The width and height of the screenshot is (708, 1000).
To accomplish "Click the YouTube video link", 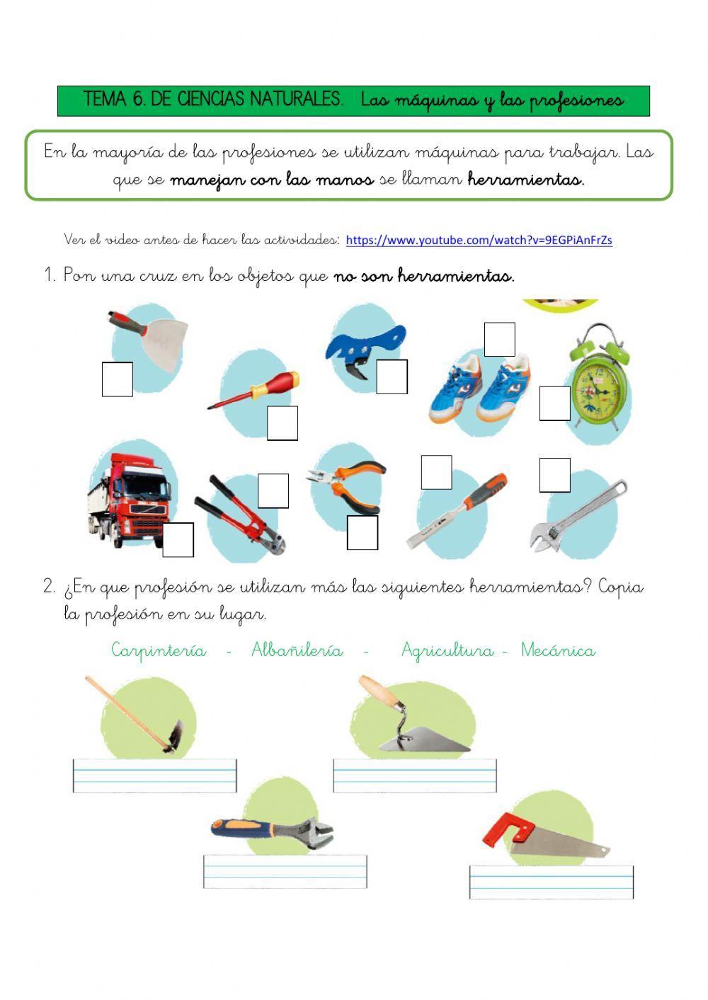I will pyautogui.click(x=479, y=241).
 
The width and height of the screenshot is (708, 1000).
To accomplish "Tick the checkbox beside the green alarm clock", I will pyautogui.click(x=554, y=403).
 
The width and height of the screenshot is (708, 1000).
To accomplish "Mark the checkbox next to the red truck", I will pyautogui.click(x=178, y=539).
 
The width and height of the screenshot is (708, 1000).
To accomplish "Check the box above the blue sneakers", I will pyautogui.click(x=499, y=340).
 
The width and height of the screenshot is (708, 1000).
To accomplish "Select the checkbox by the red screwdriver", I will pyautogui.click(x=282, y=423).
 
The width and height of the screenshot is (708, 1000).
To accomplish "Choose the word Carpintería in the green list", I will pyautogui.click(x=159, y=650).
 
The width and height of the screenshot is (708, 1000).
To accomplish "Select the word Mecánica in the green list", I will pyautogui.click(x=558, y=650).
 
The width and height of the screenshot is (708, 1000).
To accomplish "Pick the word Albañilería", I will pyautogui.click(x=297, y=650).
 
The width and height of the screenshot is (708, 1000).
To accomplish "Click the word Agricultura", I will pyautogui.click(x=447, y=650).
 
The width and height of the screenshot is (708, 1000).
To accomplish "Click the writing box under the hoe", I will pyautogui.click(x=154, y=776).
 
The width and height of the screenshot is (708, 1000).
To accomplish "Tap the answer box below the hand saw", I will pyautogui.click(x=551, y=882).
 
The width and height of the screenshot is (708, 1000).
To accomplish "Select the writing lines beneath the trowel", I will pyautogui.click(x=415, y=776).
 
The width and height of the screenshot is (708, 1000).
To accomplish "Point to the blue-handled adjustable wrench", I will pyautogui.click(x=273, y=829).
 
